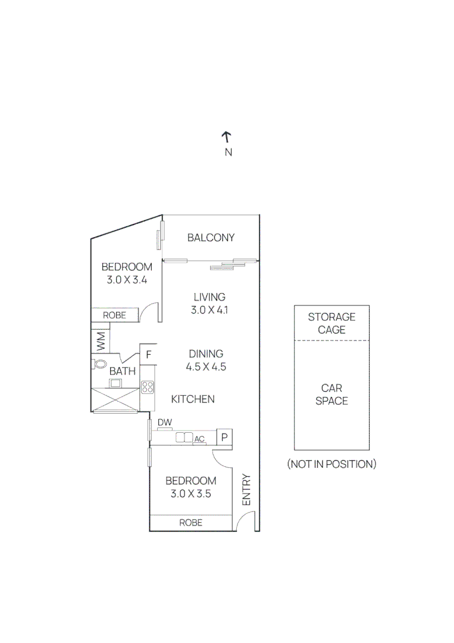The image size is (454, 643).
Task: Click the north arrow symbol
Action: click(227, 137)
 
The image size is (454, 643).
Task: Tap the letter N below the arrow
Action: click(228, 152)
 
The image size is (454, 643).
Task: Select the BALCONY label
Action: click(211, 238)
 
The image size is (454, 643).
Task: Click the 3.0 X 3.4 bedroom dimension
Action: click(127, 279)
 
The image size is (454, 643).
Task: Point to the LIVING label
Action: click(209, 297)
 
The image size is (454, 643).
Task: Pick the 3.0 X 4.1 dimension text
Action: click(209, 310)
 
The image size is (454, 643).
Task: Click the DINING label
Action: click(206, 354)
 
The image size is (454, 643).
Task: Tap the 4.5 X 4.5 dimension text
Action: click(206, 367)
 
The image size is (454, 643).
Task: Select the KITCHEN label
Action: click(193, 399)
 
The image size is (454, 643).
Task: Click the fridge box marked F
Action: click(149, 355)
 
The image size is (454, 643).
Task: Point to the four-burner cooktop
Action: click(148, 388)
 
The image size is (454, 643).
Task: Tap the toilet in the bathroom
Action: click(101, 363)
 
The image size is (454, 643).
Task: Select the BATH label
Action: click(123, 371)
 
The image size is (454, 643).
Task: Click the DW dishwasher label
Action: click(165, 423)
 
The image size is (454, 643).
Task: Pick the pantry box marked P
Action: click(224, 438)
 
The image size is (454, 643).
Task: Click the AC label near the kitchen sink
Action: click(200, 439)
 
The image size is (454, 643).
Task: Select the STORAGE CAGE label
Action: click(331, 323)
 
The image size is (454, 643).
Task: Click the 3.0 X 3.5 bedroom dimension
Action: click(191, 494)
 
